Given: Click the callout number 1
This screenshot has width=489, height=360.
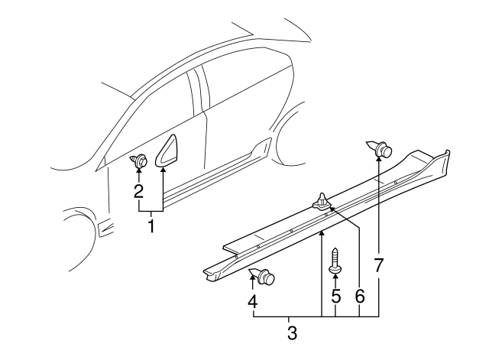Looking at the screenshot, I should [151, 226].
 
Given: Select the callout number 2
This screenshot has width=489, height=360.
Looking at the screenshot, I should [138, 191].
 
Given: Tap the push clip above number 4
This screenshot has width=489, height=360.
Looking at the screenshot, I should [264, 276].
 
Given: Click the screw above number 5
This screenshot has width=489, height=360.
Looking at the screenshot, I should [335, 260].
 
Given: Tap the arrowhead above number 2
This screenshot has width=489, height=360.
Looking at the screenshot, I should [138, 174].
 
